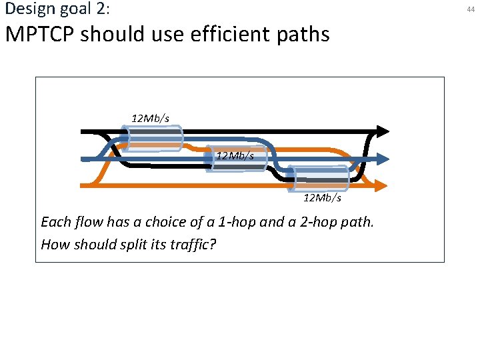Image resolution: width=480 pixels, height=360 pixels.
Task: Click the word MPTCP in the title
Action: pyautogui.click(x=39, y=33)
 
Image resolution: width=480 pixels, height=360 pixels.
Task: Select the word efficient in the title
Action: pyautogui.click(x=231, y=33)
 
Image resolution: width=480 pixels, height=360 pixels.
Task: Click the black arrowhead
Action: pyautogui.click(x=383, y=131)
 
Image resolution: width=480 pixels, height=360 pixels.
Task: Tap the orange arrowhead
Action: pyautogui.click(x=383, y=185)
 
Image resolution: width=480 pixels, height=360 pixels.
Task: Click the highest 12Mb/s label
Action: pyautogui.click(x=150, y=118)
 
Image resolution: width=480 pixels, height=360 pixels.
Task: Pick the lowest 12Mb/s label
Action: pyautogui.click(x=322, y=197)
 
